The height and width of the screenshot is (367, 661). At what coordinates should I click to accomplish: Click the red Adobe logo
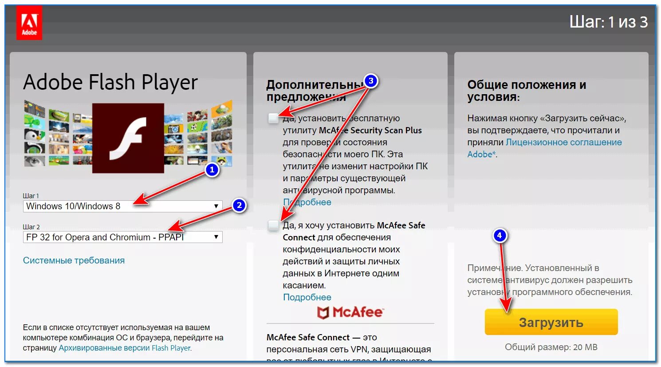[29, 24]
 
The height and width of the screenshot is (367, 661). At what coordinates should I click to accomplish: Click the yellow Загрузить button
[551, 322]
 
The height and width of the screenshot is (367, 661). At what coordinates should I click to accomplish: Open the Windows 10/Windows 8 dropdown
[122, 206]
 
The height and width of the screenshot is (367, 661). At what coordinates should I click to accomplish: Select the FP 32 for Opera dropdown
[122, 237]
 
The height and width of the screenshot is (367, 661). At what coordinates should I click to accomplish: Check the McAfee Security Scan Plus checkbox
[273, 118]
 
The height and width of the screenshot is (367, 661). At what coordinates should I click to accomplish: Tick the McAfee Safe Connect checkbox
[273, 225]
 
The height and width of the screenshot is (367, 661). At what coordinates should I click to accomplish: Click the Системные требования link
[74, 260]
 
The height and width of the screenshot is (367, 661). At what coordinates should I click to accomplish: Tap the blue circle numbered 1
[212, 170]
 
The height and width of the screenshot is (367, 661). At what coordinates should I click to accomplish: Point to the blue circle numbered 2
[239, 205]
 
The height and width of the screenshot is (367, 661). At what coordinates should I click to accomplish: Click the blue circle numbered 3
[371, 81]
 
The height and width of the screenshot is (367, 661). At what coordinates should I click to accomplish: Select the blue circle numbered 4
[500, 235]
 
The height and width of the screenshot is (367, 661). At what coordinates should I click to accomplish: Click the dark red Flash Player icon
[128, 138]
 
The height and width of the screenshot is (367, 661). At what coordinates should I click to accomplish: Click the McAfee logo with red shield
[350, 312]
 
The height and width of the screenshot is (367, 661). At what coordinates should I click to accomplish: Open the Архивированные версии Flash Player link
[125, 348]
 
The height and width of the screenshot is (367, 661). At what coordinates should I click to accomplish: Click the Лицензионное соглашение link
[563, 142]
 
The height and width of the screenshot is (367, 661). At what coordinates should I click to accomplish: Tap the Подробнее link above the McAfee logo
[307, 297]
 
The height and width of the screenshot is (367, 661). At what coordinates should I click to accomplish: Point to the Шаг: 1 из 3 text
[608, 22]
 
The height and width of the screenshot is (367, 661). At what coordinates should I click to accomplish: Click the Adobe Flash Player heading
[110, 82]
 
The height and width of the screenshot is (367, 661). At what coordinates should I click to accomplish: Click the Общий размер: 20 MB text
[551, 347]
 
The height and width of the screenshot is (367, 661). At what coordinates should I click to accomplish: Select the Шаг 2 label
[31, 227]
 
